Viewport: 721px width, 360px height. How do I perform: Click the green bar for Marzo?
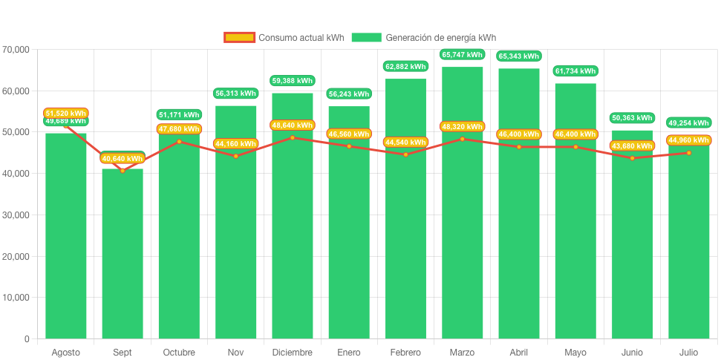coord(462,238)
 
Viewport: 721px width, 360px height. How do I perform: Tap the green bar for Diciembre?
coord(293,238)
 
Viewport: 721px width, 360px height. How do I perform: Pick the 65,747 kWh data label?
coord(462,54)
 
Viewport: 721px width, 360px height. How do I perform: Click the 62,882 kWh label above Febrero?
coord(405,66)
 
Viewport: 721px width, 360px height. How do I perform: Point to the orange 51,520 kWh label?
coord(66,113)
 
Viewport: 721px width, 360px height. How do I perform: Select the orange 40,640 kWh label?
coord(123,158)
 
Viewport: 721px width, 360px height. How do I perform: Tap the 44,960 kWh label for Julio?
coord(689,140)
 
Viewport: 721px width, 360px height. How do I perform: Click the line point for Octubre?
coord(179,141)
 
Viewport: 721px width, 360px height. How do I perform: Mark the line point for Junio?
coord(632,158)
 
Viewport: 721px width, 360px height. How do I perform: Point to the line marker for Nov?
coord(235,156)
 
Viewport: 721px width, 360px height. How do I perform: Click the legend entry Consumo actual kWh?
coord(284,38)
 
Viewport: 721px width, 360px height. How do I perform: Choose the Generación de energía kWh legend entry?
coord(424,38)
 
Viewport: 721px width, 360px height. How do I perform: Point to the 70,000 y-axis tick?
coord(16,50)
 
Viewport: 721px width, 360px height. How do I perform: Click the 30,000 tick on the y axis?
coord(16,215)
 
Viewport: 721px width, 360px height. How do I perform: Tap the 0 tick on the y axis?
coord(27,339)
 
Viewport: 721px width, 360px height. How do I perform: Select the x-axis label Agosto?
coord(66,352)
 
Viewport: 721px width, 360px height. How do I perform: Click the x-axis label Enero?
coord(349,352)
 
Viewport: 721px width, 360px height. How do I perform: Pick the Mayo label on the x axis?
coord(575,352)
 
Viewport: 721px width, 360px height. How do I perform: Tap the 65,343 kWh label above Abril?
coord(519,56)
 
